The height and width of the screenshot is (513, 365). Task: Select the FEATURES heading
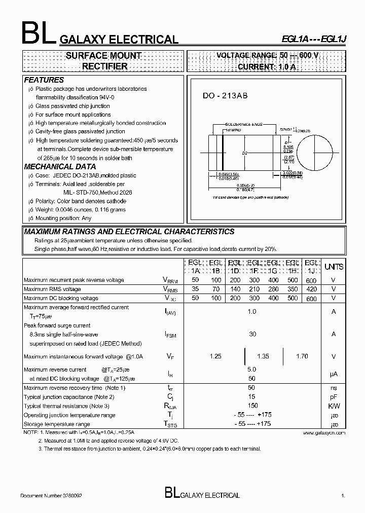pos(44,80)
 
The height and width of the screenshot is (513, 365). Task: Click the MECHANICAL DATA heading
pos(60,166)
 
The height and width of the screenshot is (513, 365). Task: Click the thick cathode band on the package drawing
pos(223,154)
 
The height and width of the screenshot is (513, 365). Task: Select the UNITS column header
pos(334,267)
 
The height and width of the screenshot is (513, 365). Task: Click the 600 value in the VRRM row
pos(312,280)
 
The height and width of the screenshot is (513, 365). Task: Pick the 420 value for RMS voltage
pos(312,289)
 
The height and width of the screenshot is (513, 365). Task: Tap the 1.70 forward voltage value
pos(302,356)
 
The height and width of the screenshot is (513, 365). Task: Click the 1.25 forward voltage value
pos(215,356)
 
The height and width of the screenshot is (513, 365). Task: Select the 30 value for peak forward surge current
pos(252,335)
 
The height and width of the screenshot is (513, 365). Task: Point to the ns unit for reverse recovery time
pos(334,388)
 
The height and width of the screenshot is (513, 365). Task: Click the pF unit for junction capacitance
pos(334,397)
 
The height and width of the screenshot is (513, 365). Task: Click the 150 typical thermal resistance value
pos(252,406)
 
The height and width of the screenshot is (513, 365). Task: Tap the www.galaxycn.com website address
pos(324,433)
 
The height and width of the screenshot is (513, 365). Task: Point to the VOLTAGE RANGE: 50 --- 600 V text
pos(267,55)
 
